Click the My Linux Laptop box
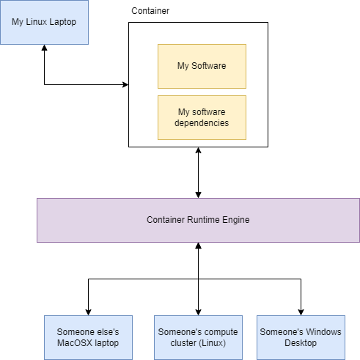click(x=44, y=22)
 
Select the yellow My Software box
click(x=202, y=66)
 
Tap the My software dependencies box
click(x=202, y=117)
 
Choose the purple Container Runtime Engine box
click(x=198, y=220)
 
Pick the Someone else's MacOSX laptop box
click(x=88, y=337)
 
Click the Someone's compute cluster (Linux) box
click(x=198, y=337)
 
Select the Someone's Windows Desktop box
click(x=301, y=337)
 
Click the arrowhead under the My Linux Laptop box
click(x=45, y=48)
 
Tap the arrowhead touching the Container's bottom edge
click(x=198, y=150)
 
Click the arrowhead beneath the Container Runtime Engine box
click(x=198, y=246)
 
